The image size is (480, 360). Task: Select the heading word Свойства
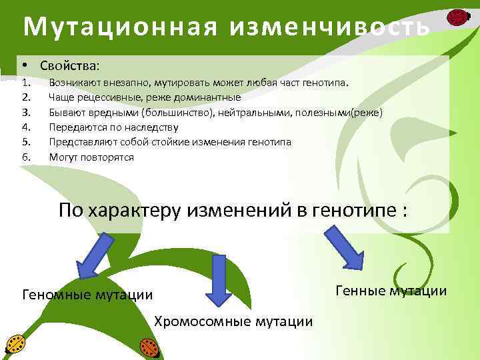click(x=69, y=66)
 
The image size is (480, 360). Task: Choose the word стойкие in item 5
click(x=172, y=142)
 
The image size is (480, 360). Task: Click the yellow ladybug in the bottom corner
click(x=15, y=344)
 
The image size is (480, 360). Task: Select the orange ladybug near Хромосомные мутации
click(x=148, y=346)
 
